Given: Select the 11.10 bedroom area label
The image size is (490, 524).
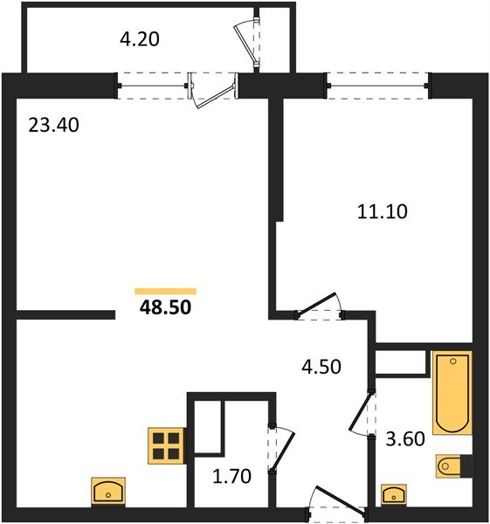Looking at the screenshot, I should (383, 210).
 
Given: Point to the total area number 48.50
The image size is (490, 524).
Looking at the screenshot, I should (166, 307).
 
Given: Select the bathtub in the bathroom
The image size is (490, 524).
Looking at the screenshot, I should (452, 392).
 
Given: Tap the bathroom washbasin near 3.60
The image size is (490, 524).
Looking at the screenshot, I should (395, 494).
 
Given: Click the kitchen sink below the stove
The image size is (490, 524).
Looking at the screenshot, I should (108, 491).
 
